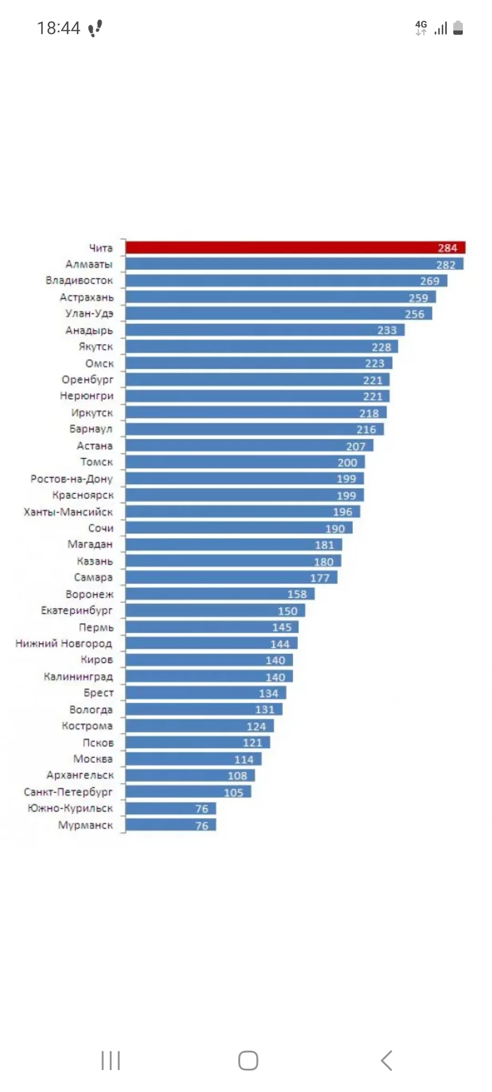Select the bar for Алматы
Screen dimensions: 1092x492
click(294, 264)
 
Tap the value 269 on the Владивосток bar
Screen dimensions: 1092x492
click(430, 281)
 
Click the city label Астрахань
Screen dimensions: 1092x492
click(87, 298)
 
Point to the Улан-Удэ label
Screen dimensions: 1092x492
click(89, 313)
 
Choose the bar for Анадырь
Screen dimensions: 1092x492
click(265, 330)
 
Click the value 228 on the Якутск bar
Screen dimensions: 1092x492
click(381, 347)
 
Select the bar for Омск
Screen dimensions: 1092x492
click(259, 363)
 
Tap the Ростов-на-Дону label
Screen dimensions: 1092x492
click(72, 479)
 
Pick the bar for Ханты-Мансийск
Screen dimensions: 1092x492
click(243, 511)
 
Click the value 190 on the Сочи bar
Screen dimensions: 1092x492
click(335, 529)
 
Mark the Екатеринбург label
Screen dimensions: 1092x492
click(77, 611)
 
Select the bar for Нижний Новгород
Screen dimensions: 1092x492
click(211, 643)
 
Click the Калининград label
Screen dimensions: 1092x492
click(78, 677)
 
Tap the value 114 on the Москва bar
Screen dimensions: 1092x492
click(244, 759)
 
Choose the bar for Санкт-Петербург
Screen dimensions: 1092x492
click(188, 792)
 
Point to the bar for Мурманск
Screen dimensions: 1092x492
click(171, 825)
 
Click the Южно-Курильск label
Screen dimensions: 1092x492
click(70, 809)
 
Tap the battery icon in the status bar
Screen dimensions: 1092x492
click(458, 28)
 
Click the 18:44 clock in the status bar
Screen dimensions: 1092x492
click(58, 28)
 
